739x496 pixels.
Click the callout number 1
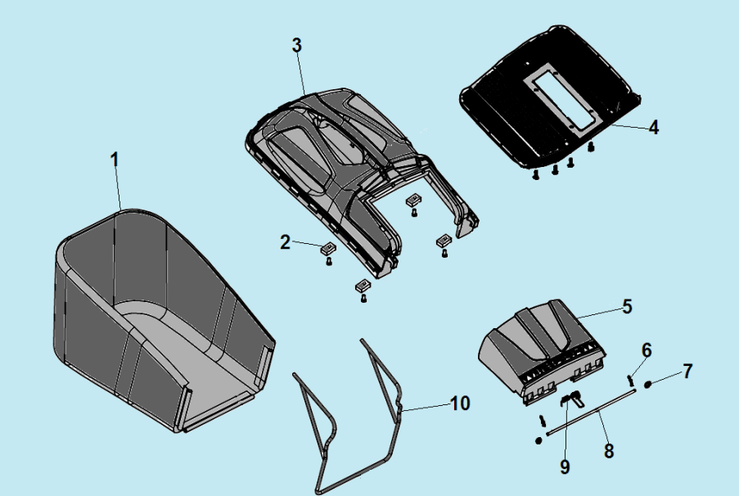coord(114,160)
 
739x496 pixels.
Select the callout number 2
coord(285,242)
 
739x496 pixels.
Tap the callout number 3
coord(296,45)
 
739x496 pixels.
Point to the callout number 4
coord(653,128)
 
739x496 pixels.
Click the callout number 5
coord(627,307)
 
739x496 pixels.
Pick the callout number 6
coord(647,351)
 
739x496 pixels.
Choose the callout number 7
coord(688,372)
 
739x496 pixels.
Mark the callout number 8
coord(609,451)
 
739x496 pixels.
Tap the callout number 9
coord(565,467)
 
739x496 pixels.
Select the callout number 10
coord(460,404)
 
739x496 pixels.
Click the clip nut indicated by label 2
coord(328,247)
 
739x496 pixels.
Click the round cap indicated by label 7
coord(647,385)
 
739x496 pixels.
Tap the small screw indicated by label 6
coord(629,379)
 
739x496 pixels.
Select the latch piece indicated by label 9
coord(572,399)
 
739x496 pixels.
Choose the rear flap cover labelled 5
coord(542,349)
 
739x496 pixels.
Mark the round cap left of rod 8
coord(538,440)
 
